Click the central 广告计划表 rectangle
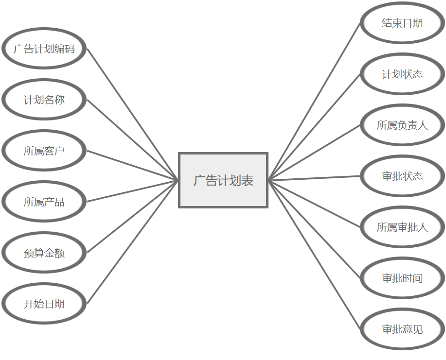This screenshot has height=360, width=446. point(223,180)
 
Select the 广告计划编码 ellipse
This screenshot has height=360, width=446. point(44,49)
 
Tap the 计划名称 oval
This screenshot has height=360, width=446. point(44,100)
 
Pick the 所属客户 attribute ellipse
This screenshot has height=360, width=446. point(44,151)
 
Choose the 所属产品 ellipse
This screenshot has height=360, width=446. point(44,202)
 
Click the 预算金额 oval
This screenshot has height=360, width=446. point(44,253)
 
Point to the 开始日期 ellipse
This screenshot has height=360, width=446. point(44,304)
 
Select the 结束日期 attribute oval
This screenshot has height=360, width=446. point(402,23)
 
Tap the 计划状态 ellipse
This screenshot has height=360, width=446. point(402,74)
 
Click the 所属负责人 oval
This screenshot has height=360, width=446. point(402,125)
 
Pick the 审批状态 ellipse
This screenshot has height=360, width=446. point(402,176)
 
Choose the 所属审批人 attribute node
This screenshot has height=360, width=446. point(402,227)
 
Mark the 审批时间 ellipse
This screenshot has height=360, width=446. point(402,278)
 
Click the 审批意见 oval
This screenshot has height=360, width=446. point(402,329)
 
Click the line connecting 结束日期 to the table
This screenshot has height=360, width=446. point(315,101)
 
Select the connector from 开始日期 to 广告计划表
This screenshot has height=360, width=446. point(133,242)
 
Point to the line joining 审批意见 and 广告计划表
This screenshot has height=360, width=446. point(315,255)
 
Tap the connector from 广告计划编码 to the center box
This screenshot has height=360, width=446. point(133,114)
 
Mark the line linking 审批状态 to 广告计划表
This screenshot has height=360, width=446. point(315,178)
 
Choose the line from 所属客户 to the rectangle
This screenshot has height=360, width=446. point(133,165)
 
